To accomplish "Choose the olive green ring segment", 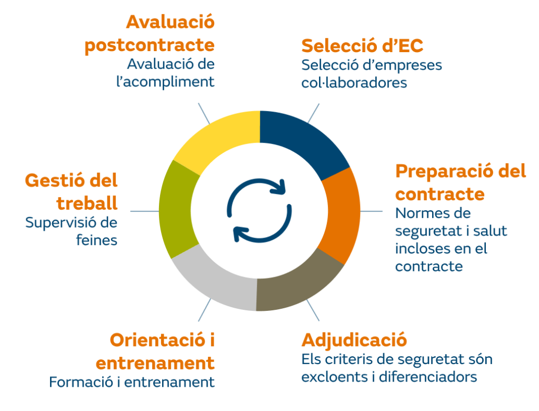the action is pyautogui.click(x=175, y=210).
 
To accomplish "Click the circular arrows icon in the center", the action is pyautogui.click(x=259, y=210).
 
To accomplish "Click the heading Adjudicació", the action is pyautogui.click(x=354, y=340).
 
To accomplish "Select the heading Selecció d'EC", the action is pyautogui.click(x=362, y=46).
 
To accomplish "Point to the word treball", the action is pyautogui.click(x=87, y=203).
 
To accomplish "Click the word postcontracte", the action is pyautogui.click(x=149, y=45).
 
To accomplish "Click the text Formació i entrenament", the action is pyautogui.click(x=132, y=382).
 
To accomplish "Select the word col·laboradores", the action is pyautogui.click(x=354, y=83).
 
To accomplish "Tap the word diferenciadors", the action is pyautogui.click(x=428, y=377).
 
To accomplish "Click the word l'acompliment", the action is pyautogui.click(x=165, y=82).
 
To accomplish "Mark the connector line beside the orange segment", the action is pyautogui.click(x=371, y=211).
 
